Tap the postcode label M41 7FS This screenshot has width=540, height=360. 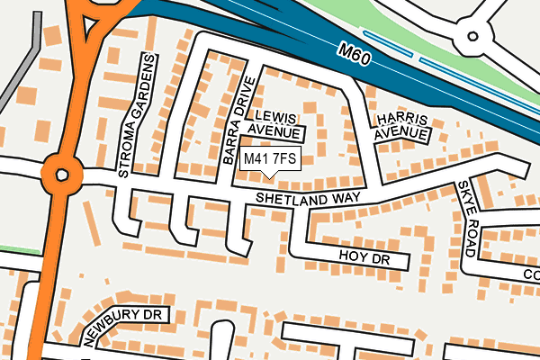pyautogui.click(x=270, y=159)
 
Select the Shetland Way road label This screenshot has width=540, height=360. pyautogui.click(x=308, y=197)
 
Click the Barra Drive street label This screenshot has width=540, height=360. pyautogui.click(x=237, y=122)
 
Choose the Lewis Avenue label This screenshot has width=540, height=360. pyautogui.click(x=275, y=125)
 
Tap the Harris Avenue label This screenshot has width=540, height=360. pyautogui.click(x=400, y=126)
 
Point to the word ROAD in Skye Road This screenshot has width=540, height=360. pyautogui.click(x=471, y=234)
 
